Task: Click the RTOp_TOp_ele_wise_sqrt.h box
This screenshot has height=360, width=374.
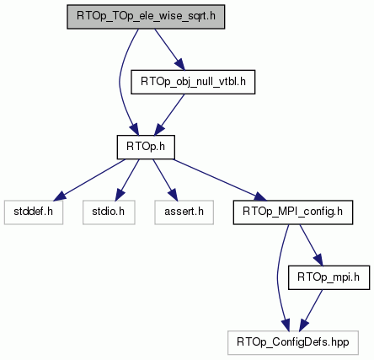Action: (146, 17)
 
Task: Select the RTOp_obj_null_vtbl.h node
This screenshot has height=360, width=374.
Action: (193, 82)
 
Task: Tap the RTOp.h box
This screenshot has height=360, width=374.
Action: (146, 147)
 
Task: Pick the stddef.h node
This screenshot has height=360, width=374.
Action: (34, 212)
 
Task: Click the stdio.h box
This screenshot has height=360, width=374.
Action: (109, 212)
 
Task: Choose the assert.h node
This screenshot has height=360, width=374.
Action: (184, 212)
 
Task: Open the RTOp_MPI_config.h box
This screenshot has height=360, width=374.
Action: (293, 212)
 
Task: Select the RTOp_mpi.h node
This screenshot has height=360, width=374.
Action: (329, 277)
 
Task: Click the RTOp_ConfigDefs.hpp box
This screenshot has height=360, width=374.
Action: (293, 342)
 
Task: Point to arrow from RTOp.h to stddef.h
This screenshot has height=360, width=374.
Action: (89, 180)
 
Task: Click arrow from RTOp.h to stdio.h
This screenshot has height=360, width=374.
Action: (127, 180)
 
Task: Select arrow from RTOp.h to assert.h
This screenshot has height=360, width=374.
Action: (165, 180)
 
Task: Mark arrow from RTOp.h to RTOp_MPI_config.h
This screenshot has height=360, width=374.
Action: (220, 180)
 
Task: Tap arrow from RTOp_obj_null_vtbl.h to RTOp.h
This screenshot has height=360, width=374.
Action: (169, 115)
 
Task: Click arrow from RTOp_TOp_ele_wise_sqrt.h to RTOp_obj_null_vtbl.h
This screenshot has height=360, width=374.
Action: (170, 50)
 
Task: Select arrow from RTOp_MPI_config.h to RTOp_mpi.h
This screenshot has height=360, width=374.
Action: (311, 245)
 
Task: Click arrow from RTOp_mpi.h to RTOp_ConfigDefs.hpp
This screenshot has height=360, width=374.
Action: (311, 310)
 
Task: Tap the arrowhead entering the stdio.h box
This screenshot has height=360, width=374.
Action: (120, 195)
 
